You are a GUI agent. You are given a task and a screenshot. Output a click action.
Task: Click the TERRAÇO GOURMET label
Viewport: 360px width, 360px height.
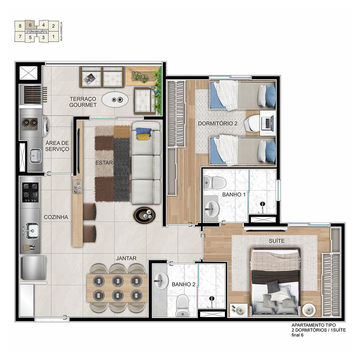click(x=83, y=102)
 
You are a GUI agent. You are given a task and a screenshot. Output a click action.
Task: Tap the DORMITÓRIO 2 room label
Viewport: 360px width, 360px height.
click(x=218, y=124)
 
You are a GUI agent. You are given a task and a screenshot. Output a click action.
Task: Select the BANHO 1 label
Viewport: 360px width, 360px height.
click(x=234, y=195)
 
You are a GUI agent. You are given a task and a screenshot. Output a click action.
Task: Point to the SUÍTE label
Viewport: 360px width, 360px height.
click(x=277, y=241)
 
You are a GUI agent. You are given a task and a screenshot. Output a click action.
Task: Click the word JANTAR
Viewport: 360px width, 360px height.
click(x=126, y=259)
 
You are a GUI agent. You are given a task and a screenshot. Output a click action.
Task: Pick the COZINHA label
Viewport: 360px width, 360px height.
click(x=56, y=217)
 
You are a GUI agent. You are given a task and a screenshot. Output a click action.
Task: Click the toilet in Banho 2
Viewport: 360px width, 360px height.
click(x=183, y=305)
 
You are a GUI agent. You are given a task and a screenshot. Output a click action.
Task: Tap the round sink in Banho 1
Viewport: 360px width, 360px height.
click(x=211, y=209)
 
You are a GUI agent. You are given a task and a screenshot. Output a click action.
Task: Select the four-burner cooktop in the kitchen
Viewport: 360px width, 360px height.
click(x=30, y=192)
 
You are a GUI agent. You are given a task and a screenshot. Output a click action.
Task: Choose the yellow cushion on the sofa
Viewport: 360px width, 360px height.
click(x=143, y=137)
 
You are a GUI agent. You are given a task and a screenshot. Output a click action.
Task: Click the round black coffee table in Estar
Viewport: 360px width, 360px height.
click(x=144, y=215)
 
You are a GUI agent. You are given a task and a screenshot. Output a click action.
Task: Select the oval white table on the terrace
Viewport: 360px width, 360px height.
click(x=115, y=99)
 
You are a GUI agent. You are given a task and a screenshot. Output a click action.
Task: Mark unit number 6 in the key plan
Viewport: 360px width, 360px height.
click(x=30, y=25)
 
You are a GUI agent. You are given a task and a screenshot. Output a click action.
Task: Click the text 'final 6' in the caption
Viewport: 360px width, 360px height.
click(x=298, y=335)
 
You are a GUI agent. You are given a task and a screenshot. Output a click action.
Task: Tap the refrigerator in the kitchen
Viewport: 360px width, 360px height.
click(x=34, y=268)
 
